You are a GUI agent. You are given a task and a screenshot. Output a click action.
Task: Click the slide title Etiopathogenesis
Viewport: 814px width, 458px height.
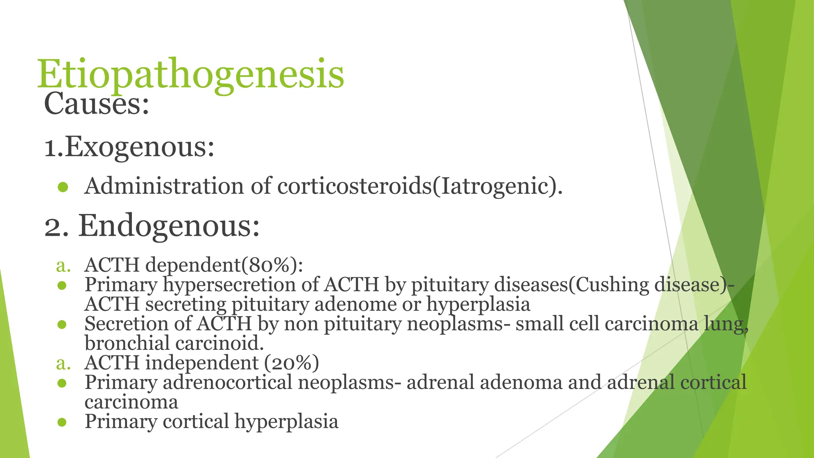[x=190, y=74]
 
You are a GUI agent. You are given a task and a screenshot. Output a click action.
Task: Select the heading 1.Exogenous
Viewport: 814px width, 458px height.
[x=129, y=147]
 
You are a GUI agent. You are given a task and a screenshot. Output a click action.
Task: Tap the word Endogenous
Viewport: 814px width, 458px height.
[x=169, y=226]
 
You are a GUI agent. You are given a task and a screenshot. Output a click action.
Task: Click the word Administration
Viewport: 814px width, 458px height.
[x=164, y=186]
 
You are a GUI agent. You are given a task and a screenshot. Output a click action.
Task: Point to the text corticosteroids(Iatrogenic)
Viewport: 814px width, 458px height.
[x=420, y=186]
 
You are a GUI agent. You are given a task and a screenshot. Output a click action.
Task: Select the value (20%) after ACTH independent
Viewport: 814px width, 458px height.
[x=291, y=363]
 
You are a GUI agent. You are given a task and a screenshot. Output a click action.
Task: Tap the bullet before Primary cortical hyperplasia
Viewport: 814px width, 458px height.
[x=62, y=422]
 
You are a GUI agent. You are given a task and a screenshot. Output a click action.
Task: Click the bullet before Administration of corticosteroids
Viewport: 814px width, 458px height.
[x=63, y=187]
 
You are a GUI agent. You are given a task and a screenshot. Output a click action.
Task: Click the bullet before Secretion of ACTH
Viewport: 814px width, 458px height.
[x=62, y=324]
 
